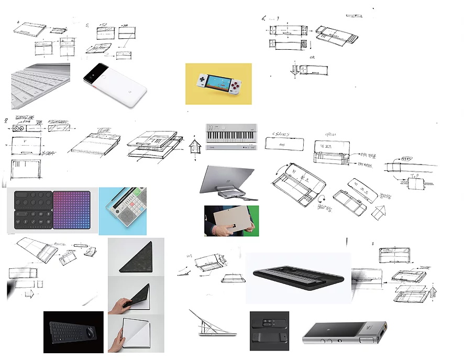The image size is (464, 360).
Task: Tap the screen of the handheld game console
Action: tap(218, 81)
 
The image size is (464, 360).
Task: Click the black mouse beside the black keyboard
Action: tap(91, 332)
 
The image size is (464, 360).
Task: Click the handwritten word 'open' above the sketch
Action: tap(330, 134)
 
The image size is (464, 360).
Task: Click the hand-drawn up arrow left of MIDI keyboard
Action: tap(194, 146)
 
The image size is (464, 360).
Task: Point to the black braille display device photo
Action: tap(297, 277)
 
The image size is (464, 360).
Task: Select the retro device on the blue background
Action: tap(123, 210)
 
